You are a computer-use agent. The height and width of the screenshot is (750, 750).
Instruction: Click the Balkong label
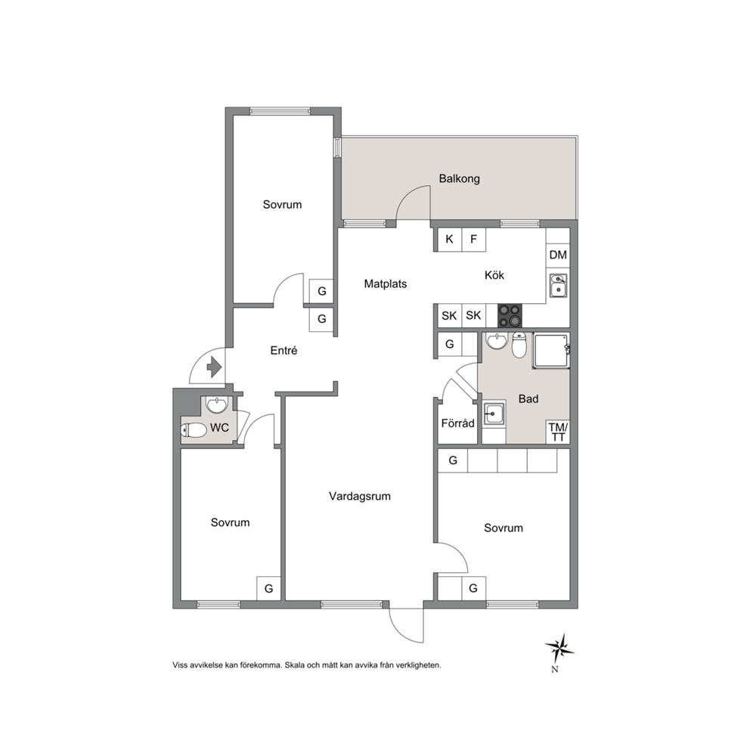(x=459, y=179)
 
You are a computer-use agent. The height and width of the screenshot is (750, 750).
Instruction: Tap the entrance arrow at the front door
(x=214, y=368)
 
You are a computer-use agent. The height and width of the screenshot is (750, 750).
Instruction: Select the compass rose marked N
(x=559, y=649)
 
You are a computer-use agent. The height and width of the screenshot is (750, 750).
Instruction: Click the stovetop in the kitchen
(x=510, y=315)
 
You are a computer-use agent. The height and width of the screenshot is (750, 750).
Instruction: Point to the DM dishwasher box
(x=558, y=255)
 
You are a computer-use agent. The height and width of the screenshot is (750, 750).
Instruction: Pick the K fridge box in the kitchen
(x=450, y=239)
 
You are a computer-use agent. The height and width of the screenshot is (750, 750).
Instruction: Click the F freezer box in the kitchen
(x=473, y=239)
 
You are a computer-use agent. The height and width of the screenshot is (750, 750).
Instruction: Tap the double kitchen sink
(x=558, y=286)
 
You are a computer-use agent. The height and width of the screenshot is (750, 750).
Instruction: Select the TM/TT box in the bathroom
(x=558, y=432)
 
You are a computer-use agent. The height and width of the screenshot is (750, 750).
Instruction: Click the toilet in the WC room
(x=194, y=430)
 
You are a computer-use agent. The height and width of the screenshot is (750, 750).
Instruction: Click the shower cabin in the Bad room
(x=551, y=351)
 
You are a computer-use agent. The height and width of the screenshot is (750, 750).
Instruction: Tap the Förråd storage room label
(x=457, y=423)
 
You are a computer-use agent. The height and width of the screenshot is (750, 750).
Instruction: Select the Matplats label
(x=386, y=284)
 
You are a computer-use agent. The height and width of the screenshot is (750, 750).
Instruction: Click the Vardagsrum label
(x=360, y=497)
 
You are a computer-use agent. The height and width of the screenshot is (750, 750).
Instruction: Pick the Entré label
(x=284, y=351)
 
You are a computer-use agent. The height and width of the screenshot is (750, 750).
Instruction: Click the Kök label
(x=494, y=275)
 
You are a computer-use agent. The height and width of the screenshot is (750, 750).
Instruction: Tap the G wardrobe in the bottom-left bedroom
(x=269, y=588)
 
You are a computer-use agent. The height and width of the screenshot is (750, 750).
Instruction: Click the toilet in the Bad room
(x=519, y=345)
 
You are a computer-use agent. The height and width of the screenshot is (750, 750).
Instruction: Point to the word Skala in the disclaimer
(x=295, y=665)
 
